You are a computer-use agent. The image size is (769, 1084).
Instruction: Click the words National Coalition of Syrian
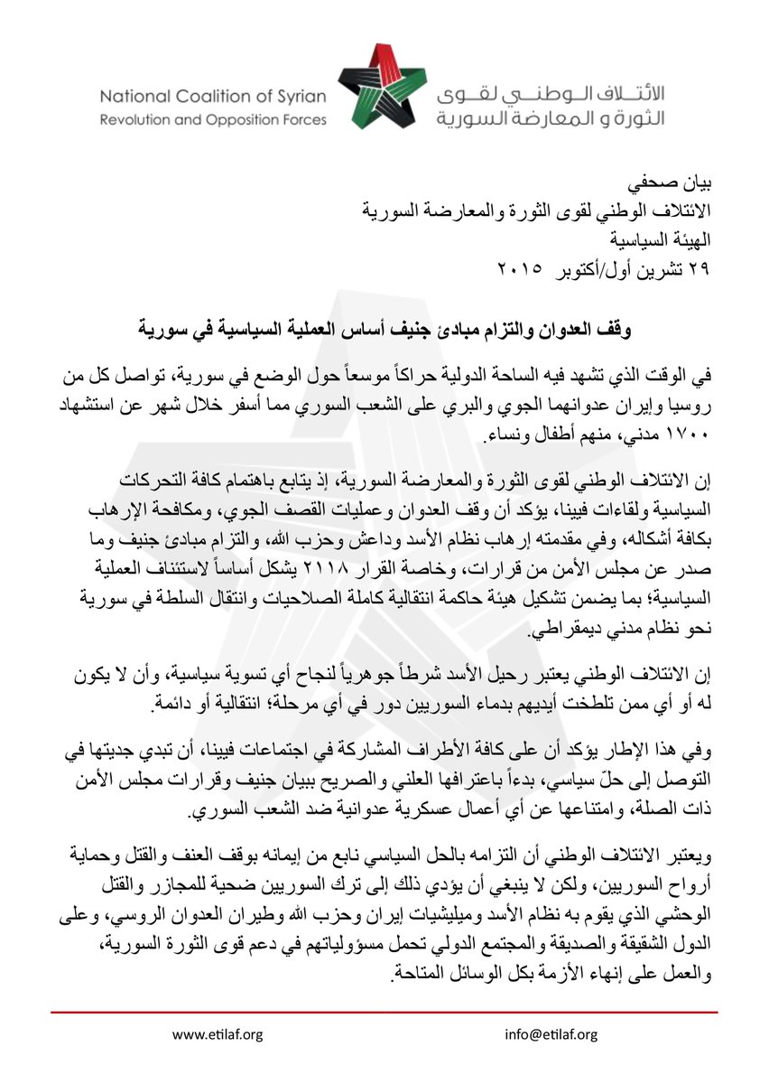(212, 96)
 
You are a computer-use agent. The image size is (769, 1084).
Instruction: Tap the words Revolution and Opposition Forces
(212, 120)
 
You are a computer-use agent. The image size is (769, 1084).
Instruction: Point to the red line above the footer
(384, 1014)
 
